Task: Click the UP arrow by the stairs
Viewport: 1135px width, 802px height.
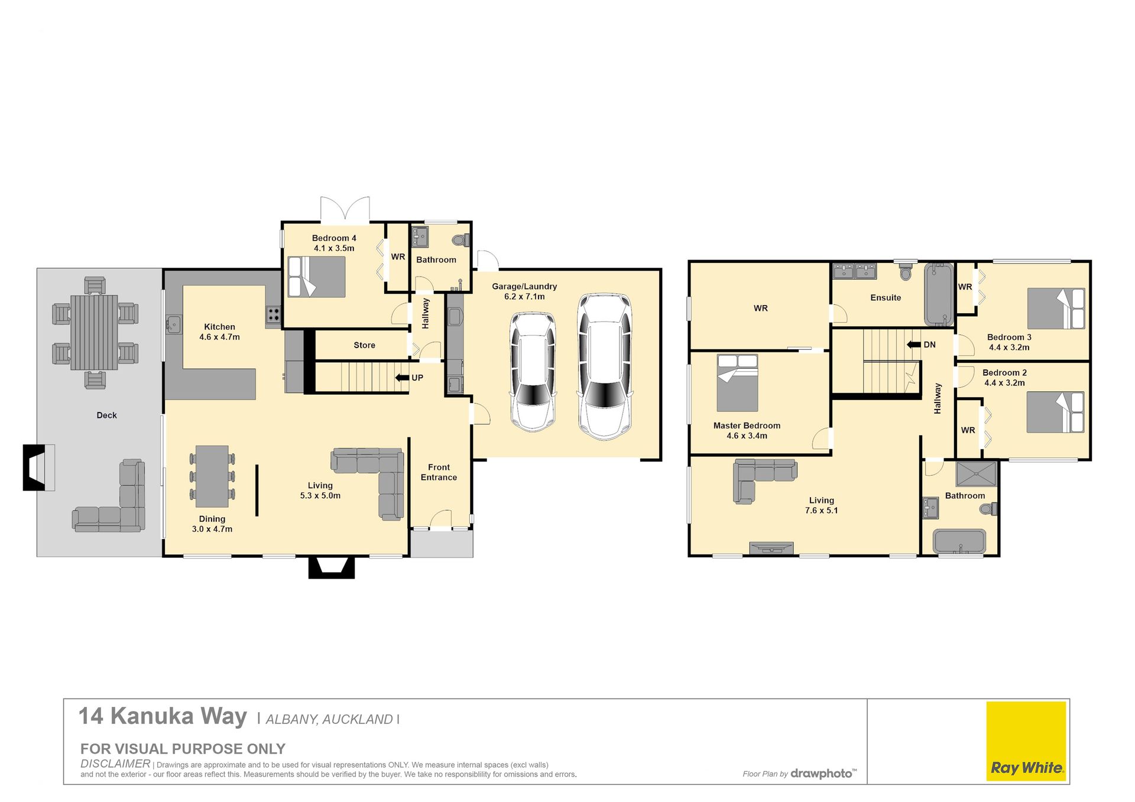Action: coord(402,378)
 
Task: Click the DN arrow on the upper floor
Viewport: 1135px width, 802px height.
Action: coord(914,345)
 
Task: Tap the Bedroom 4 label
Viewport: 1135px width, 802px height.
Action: coord(334,238)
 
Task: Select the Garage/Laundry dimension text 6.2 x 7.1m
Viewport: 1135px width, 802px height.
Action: coord(524,297)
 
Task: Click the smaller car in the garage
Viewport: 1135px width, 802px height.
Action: coord(533,371)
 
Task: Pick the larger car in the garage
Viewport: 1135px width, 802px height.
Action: coord(604,366)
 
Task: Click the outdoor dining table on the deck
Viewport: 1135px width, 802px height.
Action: coord(95,332)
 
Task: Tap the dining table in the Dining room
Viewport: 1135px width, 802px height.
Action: coord(212,476)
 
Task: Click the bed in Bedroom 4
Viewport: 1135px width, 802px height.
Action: coord(316,277)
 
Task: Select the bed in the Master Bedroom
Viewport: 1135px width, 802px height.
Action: coord(737,382)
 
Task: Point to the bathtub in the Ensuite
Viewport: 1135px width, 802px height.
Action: coord(939,294)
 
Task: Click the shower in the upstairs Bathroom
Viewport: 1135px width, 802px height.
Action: coord(976,474)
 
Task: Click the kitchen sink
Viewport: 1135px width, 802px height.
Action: coord(174,324)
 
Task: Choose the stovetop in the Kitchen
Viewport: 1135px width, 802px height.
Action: coord(273,314)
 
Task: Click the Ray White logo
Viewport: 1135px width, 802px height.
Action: coord(1026,741)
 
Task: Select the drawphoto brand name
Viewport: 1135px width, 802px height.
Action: coord(823,774)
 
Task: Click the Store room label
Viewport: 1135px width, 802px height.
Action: coord(364,345)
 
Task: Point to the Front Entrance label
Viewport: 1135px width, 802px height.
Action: coord(439,472)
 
